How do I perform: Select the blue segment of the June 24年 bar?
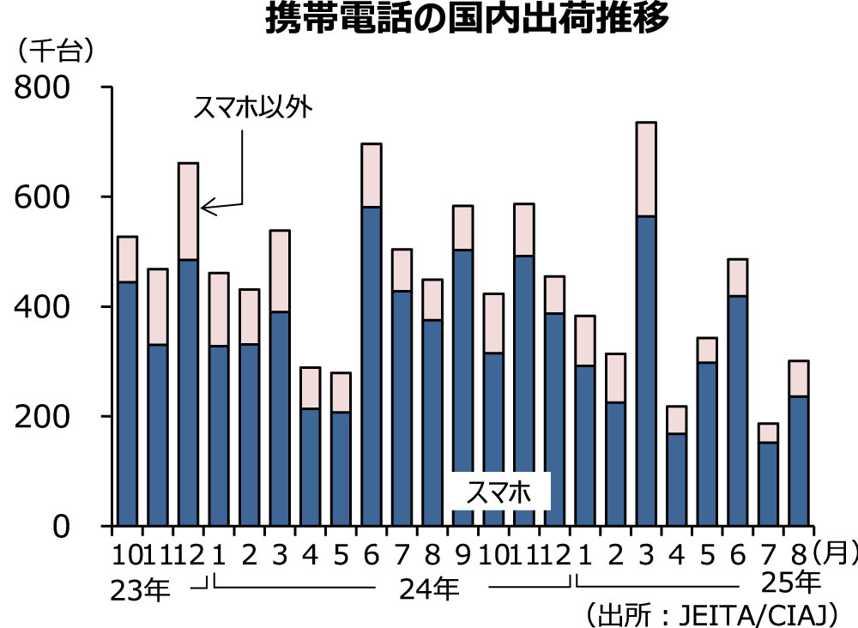click(x=372, y=365)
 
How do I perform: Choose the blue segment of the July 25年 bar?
click(x=768, y=484)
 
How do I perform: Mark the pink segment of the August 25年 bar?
click(x=799, y=378)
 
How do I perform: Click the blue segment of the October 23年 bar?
click(x=127, y=403)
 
